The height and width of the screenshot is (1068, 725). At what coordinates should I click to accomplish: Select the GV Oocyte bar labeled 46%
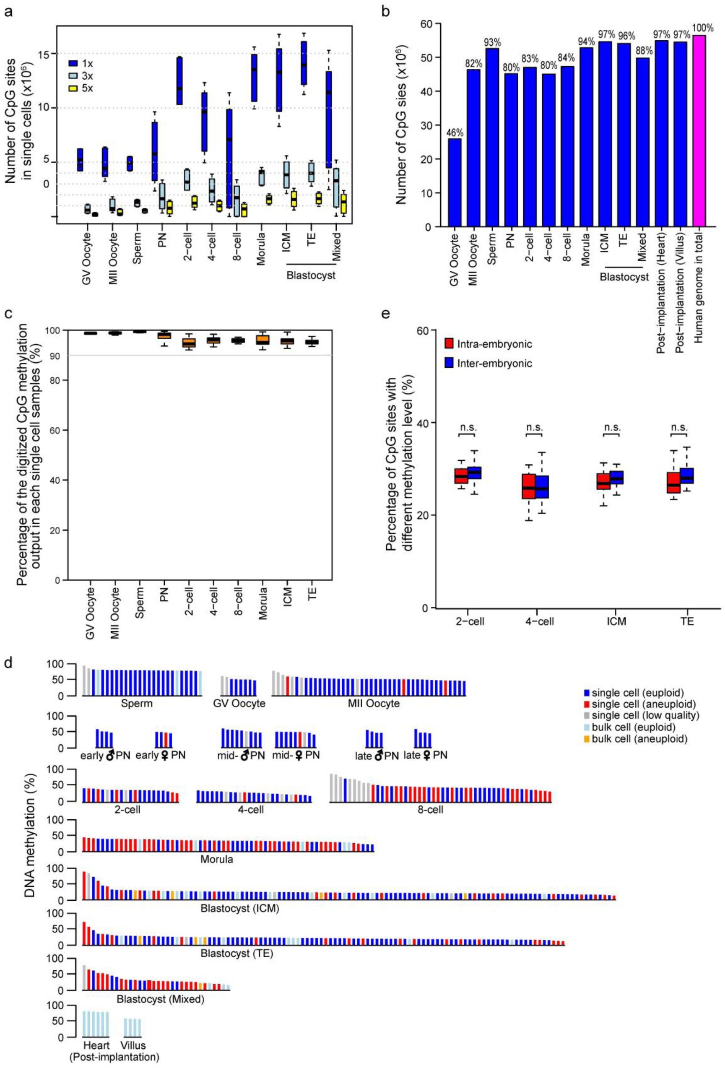tap(455, 182)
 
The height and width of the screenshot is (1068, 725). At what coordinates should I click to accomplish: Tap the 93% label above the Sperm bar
tap(493, 42)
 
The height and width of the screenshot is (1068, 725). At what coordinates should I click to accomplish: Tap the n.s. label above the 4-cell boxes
tap(534, 427)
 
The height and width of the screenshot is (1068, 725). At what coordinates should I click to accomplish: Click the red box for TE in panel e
tap(673, 483)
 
